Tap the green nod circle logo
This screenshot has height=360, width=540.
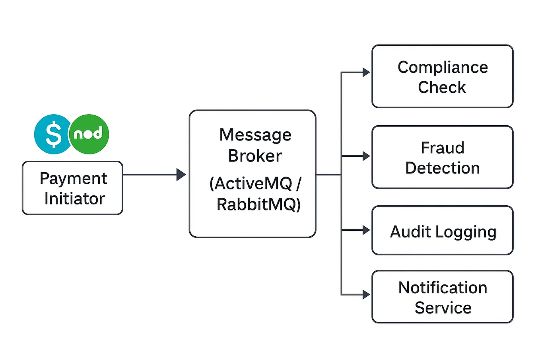(x=89, y=134)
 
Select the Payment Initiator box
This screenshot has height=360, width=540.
(x=72, y=188)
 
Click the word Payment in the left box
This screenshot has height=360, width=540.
(x=73, y=179)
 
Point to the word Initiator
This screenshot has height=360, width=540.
(x=74, y=198)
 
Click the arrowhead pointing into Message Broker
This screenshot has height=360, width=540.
(x=181, y=174)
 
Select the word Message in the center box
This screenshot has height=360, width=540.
(x=255, y=135)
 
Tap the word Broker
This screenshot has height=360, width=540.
(x=255, y=156)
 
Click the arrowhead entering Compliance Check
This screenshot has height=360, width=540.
(x=366, y=72)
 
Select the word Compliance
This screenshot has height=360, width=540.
(x=443, y=67)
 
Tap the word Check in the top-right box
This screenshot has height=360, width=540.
(x=442, y=87)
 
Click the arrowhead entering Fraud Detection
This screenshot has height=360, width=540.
(x=366, y=156)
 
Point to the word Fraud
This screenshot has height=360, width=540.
(x=443, y=148)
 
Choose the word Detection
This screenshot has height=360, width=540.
(x=443, y=168)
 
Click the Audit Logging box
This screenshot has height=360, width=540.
(x=443, y=230)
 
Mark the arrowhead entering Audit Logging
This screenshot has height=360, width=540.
(x=366, y=230)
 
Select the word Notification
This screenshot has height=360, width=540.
(x=443, y=288)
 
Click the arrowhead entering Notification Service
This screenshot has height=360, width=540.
(x=366, y=295)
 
